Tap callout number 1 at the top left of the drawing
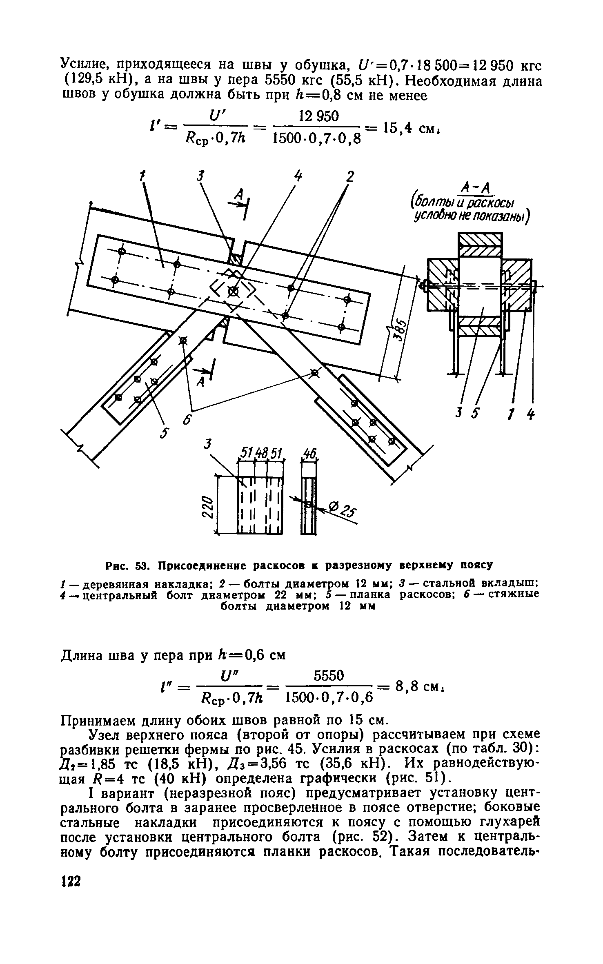click(142, 176)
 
